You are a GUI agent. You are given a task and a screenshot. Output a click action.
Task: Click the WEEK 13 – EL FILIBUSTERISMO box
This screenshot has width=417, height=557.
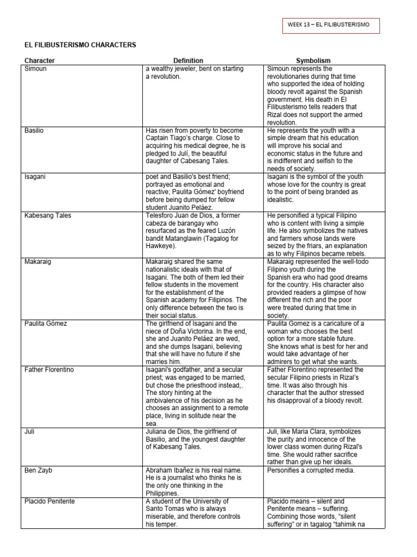(x=331, y=26)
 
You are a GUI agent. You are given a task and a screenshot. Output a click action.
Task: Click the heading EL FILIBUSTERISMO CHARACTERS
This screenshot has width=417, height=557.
(x=79, y=45)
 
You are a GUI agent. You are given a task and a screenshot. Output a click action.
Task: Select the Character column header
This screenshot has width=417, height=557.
(x=40, y=61)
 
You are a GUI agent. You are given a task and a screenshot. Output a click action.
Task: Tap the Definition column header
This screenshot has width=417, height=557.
(x=188, y=61)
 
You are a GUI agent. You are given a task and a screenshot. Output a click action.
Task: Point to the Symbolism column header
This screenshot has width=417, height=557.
(x=313, y=61)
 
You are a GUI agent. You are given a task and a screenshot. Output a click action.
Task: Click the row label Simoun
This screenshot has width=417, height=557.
(x=36, y=69)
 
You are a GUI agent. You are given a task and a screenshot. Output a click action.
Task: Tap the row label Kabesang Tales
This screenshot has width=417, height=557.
(x=48, y=215)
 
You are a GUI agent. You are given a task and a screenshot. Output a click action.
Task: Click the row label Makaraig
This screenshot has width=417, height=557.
(x=38, y=262)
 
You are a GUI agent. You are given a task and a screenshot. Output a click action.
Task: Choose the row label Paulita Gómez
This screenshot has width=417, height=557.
(x=46, y=324)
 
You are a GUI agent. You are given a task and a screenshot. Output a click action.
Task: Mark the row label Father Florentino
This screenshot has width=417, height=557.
(x=49, y=370)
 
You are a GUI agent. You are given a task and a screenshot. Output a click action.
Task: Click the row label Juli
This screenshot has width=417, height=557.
(x=30, y=431)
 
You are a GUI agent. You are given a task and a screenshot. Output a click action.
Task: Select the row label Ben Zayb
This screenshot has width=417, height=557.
(x=37, y=470)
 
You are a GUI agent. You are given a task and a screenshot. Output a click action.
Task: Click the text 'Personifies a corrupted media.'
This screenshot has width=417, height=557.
(x=311, y=470)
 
